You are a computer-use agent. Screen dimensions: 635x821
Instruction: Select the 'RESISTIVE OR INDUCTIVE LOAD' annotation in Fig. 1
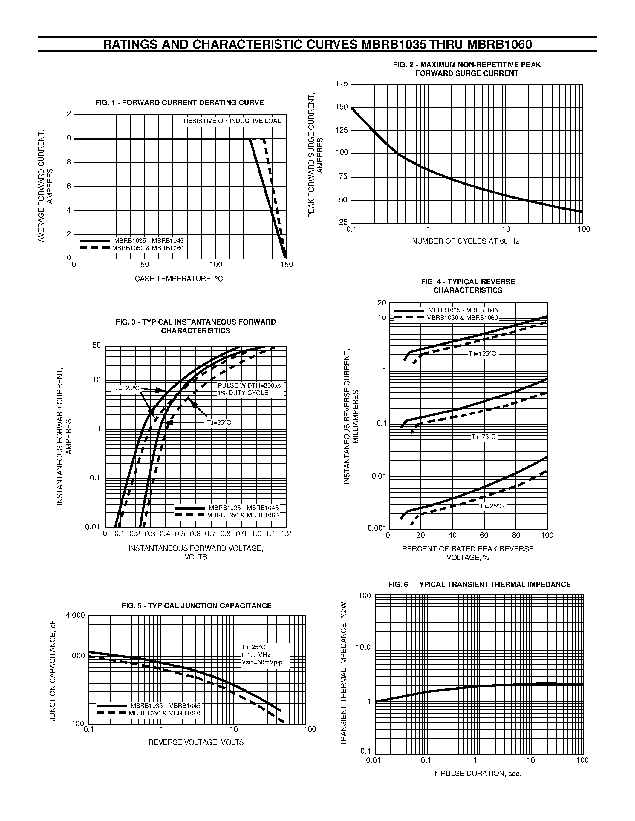click(232, 121)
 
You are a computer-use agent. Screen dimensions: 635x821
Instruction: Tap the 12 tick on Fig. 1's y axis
click(67, 113)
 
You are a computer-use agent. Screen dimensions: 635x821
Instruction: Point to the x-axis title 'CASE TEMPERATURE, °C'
click(179, 279)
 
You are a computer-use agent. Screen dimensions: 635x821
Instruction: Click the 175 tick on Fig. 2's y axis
click(342, 84)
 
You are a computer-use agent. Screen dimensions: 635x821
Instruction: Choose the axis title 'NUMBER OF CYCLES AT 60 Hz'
click(465, 241)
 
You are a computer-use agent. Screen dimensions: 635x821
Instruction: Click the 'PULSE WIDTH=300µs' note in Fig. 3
click(250, 386)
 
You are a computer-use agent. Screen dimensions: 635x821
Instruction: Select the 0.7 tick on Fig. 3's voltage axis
click(210, 534)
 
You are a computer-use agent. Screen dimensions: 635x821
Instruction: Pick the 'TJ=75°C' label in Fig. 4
click(484, 437)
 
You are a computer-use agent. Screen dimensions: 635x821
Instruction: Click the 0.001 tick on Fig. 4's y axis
click(377, 528)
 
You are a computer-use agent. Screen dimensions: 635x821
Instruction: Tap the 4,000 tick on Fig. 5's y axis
click(76, 615)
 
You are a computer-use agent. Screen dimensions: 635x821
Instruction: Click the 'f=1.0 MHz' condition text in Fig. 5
click(256, 655)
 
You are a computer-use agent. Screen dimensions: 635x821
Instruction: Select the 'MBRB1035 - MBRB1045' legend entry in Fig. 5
click(166, 706)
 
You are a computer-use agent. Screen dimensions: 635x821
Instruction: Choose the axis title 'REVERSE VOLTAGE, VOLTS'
click(196, 742)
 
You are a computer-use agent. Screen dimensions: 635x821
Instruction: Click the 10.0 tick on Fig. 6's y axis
click(363, 647)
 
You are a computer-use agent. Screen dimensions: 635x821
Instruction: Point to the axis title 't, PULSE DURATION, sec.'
click(478, 774)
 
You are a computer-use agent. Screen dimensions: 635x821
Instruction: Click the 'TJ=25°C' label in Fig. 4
click(491, 506)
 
